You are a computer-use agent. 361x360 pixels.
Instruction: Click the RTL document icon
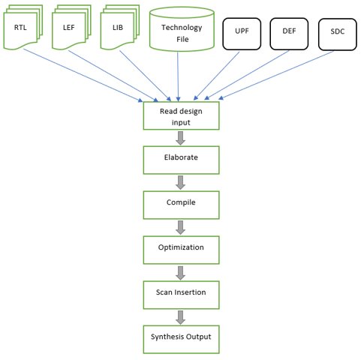[23, 27]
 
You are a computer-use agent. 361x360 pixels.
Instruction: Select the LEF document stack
[71, 27]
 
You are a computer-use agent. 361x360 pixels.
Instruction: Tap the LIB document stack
[120, 27]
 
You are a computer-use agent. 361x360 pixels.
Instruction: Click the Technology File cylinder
[182, 29]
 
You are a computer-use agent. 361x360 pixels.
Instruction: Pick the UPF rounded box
[242, 34]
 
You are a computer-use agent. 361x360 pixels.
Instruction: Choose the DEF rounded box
[289, 34]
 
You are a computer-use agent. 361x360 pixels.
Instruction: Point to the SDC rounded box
[338, 34]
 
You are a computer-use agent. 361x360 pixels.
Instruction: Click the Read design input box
[181, 115]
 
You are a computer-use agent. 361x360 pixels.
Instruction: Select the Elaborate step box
[181, 160]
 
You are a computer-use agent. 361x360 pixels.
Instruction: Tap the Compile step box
[181, 205]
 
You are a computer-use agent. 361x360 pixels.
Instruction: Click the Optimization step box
[181, 250]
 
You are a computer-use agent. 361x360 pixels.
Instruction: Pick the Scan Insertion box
[181, 295]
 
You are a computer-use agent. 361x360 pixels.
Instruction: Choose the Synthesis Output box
[181, 340]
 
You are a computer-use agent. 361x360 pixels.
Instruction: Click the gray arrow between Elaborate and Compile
[180, 182]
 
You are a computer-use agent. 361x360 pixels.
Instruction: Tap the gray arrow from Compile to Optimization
[180, 227]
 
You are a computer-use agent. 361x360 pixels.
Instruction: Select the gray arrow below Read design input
[180, 138]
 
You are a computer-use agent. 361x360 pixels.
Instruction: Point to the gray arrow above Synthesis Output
[180, 317]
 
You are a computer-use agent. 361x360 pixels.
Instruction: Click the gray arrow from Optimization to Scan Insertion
[180, 273]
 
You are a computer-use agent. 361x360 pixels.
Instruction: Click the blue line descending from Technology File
[178, 76]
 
